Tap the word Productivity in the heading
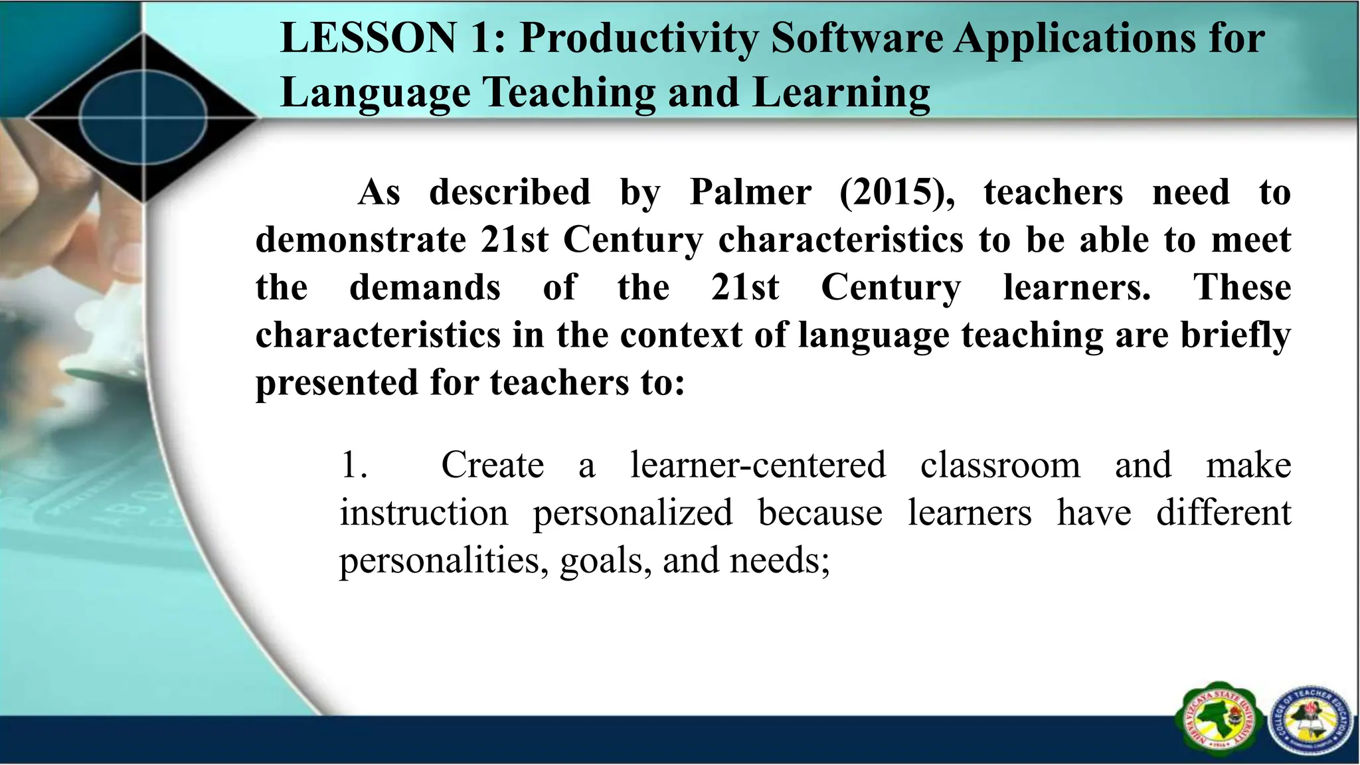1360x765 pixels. tap(639, 39)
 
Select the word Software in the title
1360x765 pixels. tap(857, 38)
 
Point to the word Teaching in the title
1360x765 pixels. tap(568, 93)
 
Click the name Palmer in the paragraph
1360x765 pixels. tap(750, 193)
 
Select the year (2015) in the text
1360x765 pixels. tap(897, 193)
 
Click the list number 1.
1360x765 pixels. tap(353, 466)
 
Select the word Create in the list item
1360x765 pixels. tap(492, 466)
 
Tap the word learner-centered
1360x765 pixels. tap(758, 466)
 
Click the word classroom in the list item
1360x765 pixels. tap(1000, 466)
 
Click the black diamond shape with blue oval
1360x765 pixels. tap(143, 119)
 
